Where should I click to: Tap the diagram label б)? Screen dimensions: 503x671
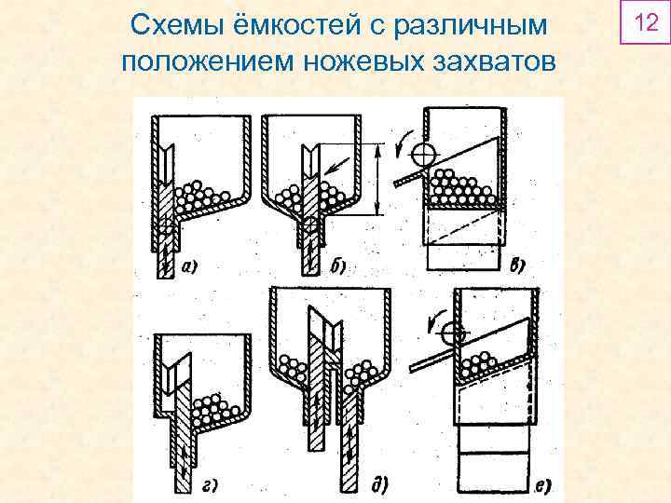[x=338, y=267]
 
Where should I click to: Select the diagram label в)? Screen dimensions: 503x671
[x=515, y=265]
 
